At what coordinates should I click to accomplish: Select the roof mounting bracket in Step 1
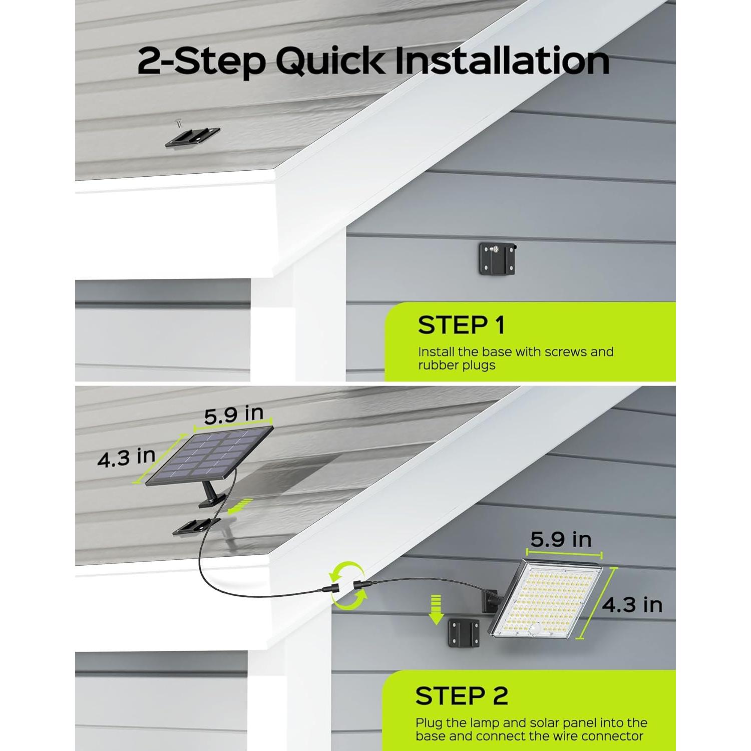click(x=193, y=137)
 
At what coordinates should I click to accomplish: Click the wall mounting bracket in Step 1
click(x=497, y=259)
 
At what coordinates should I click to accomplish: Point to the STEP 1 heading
click(x=461, y=325)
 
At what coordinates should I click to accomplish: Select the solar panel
click(x=209, y=457)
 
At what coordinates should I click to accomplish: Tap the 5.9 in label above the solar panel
click(x=233, y=414)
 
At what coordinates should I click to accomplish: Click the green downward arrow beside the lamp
click(x=437, y=609)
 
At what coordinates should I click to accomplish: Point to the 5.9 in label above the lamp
click(x=561, y=539)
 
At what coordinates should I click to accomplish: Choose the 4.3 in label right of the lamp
click(x=632, y=605)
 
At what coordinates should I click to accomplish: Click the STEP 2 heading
click(x=462, y=696)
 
